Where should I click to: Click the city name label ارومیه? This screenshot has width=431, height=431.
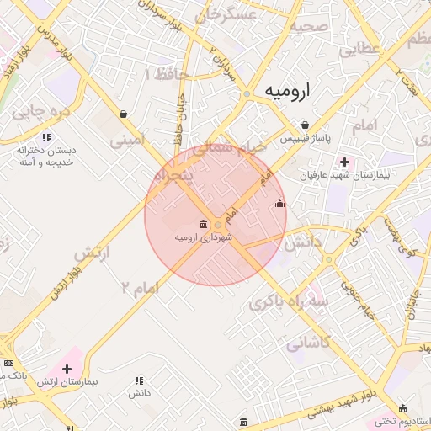pyautogui.click(x=287, y=90)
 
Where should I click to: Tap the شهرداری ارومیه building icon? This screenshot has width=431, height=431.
pyautogui.click(x=203, y=224)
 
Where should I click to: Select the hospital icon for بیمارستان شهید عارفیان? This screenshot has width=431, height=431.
pyautogui.click(x=343, y=162)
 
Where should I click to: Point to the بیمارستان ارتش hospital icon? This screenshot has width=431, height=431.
pyautogui.click(x=67, y=368)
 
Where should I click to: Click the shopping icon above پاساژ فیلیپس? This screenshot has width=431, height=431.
pyautogui.click(x=311, y=122)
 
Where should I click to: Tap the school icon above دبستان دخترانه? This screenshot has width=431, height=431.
pyautogui.click(x=46, y=136)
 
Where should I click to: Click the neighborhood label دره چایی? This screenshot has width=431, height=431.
pyautogui.click(x=38, y=110)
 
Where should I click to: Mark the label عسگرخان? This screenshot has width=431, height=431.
pyautogui.click(x=226, y=15)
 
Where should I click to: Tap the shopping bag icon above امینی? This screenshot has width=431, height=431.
pyautogui.click(x=124, y=114)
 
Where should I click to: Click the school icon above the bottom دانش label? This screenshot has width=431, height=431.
pyautogui.click(x=139, y=380)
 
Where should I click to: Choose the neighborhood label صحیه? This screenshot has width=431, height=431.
pyautogui.click(x=308, y=26)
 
